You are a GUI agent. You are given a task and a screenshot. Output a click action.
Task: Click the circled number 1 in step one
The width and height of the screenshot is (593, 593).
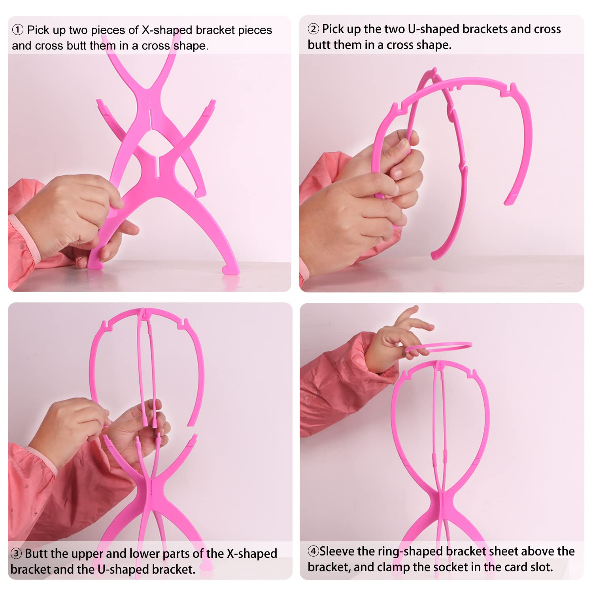[18, 30]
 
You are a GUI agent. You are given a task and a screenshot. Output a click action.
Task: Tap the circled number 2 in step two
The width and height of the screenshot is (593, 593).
[313, 29]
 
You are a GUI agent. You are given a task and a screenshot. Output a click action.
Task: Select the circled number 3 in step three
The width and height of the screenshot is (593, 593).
[16, 553]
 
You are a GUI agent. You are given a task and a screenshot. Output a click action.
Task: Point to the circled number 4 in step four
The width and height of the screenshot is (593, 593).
[313, 551]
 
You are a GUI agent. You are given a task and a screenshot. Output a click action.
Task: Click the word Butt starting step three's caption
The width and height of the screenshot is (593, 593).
[35, 553]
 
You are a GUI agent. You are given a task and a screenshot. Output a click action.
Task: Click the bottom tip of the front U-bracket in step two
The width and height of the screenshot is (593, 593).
[434, 255]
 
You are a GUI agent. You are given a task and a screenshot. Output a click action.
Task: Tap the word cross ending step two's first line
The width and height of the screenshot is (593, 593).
[548, 29]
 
